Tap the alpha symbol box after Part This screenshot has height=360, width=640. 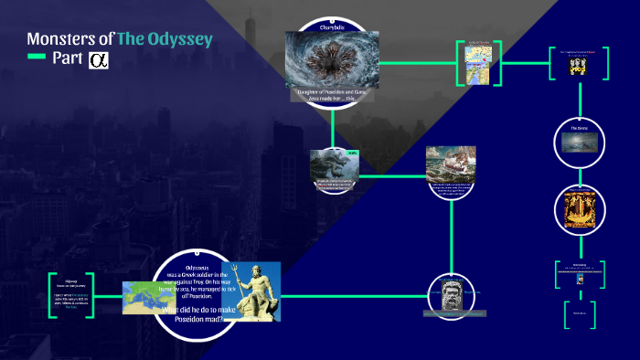98,60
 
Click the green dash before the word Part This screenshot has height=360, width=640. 37,58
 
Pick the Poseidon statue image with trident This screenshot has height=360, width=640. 251,291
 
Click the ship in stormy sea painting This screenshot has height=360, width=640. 451,166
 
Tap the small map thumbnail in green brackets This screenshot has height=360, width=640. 475,62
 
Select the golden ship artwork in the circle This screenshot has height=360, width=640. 578,207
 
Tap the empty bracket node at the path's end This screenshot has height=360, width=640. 578,313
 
